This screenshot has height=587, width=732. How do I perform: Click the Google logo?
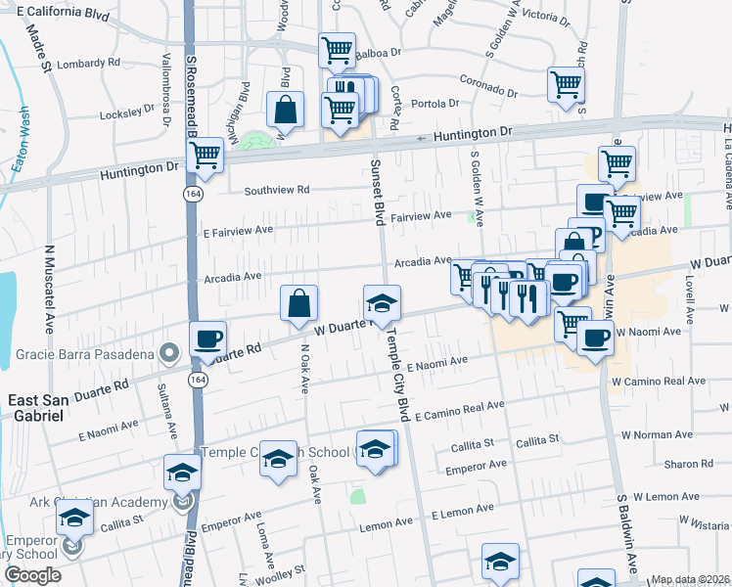click(x=32, y=574)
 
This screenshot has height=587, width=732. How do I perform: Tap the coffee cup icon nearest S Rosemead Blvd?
click(x=206, y=339)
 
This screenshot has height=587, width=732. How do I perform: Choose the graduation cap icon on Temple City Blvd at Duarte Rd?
click(x=382, y=302)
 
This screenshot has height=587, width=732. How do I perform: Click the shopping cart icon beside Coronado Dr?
click(x=566, y=85)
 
